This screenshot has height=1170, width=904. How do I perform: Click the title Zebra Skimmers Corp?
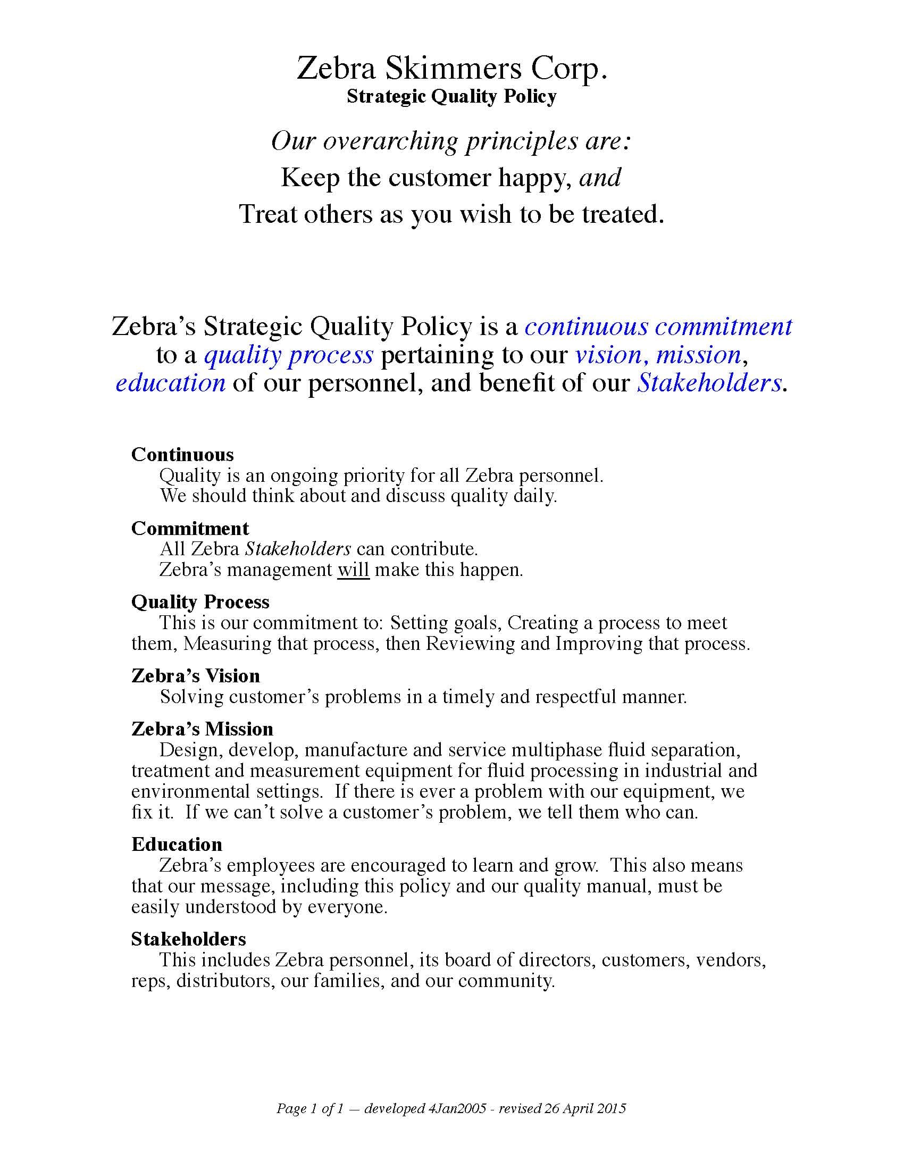452,69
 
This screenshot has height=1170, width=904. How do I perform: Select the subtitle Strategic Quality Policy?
451,96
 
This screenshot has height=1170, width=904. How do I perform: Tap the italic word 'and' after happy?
600,177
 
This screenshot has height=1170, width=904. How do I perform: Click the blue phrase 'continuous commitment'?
658,326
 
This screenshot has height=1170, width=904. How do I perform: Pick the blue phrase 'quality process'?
289,355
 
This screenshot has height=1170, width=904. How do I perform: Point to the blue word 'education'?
170,383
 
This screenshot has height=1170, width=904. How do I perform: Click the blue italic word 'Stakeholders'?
708,383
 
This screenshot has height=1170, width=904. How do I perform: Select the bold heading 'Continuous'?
182,455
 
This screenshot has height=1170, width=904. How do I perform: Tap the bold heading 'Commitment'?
190,529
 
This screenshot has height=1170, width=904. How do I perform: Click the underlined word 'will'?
354,570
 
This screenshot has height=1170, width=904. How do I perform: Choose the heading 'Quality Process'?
200,602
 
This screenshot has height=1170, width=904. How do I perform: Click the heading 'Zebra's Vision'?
196,676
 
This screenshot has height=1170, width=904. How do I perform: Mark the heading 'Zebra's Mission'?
202,729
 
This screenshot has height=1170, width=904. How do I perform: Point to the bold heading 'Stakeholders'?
189,939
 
